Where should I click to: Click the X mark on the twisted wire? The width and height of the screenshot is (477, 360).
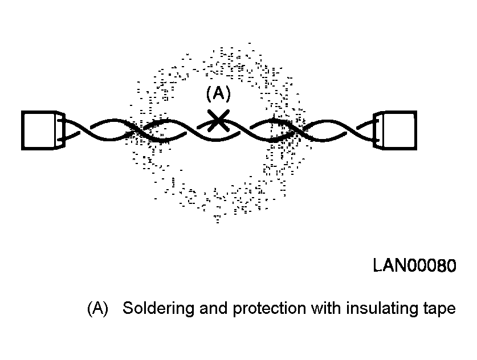pos(218,121)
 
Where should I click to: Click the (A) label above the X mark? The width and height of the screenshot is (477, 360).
pos(218,93)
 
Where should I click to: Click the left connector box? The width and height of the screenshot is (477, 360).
pos(39,130)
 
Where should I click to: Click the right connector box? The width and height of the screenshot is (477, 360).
pos(399,130)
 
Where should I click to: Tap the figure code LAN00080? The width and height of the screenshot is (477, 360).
pos(415,265)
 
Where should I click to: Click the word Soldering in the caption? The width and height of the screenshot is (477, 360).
pos(158,308)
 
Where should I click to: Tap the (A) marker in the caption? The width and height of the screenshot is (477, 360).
pos(97,308)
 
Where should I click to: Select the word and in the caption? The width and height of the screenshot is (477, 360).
pos(214,308)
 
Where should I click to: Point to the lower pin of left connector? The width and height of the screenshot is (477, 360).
pos(61,140)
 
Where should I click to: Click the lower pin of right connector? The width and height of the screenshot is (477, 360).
pos(377,140)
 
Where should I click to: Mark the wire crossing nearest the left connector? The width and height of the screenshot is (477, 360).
pos(85,130)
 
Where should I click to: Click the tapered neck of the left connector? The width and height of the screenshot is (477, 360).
pos(61,130)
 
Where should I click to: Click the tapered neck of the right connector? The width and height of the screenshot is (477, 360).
pos(377,130)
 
